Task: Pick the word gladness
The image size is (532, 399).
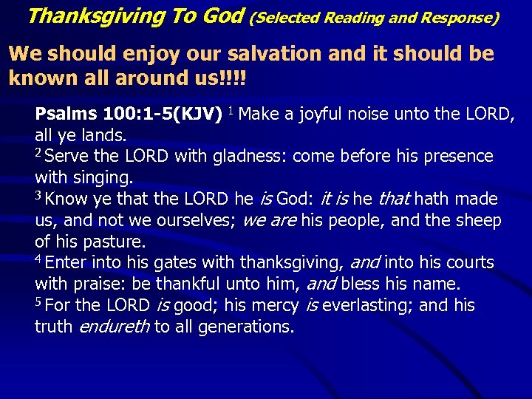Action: pyautogui.click(x=252, y=157)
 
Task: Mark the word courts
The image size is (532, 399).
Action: pyautogui.click(x=468, y=263)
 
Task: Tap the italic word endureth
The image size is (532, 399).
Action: pyautogui.click(x=114, y=327)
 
